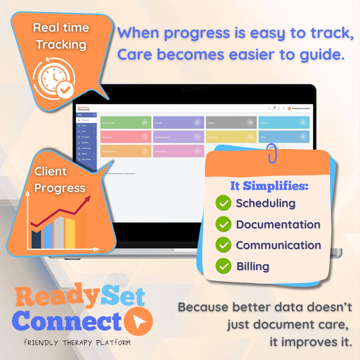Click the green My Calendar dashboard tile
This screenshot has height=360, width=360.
(x=126, y=123)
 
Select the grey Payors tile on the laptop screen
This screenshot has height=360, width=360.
(x=231, y=123)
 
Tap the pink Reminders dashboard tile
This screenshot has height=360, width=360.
(x=126, y=137)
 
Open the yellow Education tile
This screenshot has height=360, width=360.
(x=231, y=137)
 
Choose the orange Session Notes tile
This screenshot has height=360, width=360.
(x=126, y=151)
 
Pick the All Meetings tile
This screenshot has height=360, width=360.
(x=178, y=151)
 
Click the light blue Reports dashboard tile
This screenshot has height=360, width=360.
(x=284, y=123)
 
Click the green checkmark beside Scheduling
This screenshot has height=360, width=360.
(x=223, y=203)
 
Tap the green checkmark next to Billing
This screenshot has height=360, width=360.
(x=223, y=266)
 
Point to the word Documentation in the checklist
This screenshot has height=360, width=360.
(x=278, y=224)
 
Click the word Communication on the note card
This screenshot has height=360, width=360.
(x=278, y=245)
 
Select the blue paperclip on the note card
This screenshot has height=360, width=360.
(x=272, y=153)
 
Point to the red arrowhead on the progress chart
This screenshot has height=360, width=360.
(x=88, y=199)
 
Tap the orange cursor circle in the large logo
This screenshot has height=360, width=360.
(x=138, y=321)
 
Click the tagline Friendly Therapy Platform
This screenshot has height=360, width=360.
(x=77, y=343)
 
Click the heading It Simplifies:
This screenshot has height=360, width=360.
(x=269, y=186)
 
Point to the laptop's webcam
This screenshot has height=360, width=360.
(x=194, y=89)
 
